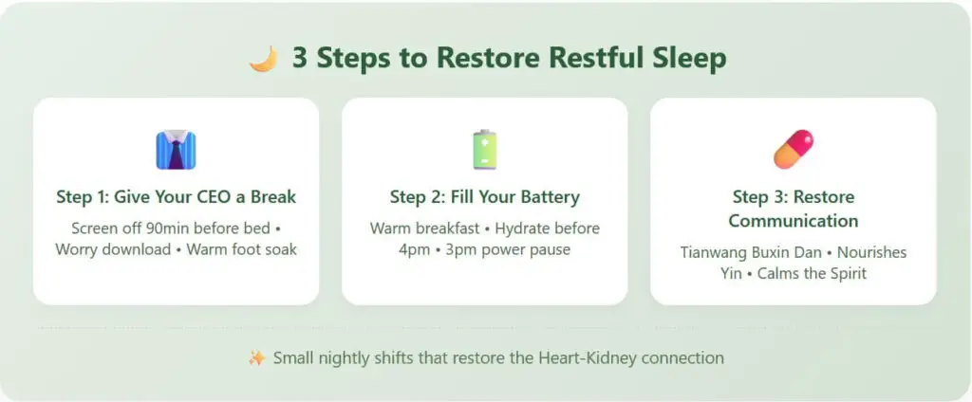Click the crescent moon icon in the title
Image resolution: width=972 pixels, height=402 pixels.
[x=263, y=59]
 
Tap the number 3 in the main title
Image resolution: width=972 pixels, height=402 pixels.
[x=300, y=58]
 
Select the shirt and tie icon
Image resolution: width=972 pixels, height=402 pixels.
[x=176, y=150]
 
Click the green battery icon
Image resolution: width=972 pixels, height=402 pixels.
[x=484, y=150]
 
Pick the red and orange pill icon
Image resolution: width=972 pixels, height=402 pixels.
[x=793, y=150]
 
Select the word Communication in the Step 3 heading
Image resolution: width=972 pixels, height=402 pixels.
[x=794, y=221]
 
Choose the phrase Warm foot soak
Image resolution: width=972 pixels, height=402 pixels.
[x=241, y=250]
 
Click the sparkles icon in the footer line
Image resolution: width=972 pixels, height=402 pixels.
[x=256, y=358]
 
